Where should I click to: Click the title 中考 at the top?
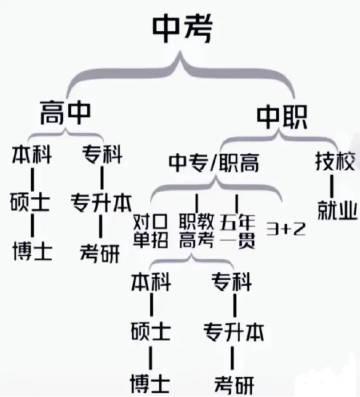click(x=180, y=31)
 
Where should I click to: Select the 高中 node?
click(x=66, y=108)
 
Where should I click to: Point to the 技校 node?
click(x=334, y=160)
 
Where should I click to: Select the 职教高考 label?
click(x=195, y=229)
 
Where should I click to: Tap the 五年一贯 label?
click(x=237, y=229)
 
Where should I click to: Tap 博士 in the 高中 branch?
click(x=27, y=250)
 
